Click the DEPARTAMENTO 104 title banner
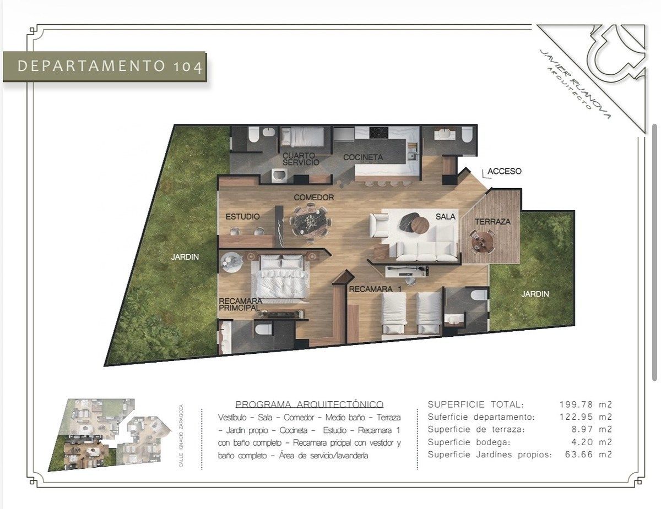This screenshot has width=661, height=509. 105,67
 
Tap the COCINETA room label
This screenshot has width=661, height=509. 363,157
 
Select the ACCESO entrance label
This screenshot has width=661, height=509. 505,171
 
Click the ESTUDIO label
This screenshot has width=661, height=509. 242,217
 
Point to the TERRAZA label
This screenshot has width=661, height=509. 493,222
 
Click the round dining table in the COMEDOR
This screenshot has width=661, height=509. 310,222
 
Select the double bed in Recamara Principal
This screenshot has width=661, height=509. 279,277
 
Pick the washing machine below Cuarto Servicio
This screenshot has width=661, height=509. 279,176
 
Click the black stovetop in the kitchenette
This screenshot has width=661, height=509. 379,133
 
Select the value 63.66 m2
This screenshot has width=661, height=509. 588,455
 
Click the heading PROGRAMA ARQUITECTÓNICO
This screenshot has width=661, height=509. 310,404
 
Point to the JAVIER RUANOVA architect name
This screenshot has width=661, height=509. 575,84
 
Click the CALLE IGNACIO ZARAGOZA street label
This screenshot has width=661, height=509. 181,435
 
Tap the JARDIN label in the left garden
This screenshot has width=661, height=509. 185,257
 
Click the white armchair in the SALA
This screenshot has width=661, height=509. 379,225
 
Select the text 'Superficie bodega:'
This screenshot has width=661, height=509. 469,442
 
